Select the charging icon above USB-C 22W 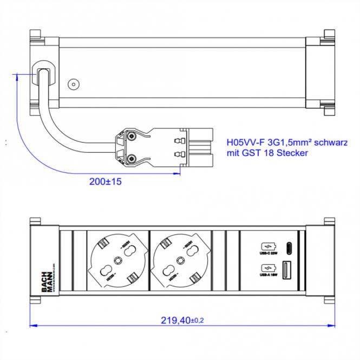267,245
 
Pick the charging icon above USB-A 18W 267,268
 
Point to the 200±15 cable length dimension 105,182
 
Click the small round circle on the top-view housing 73,85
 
